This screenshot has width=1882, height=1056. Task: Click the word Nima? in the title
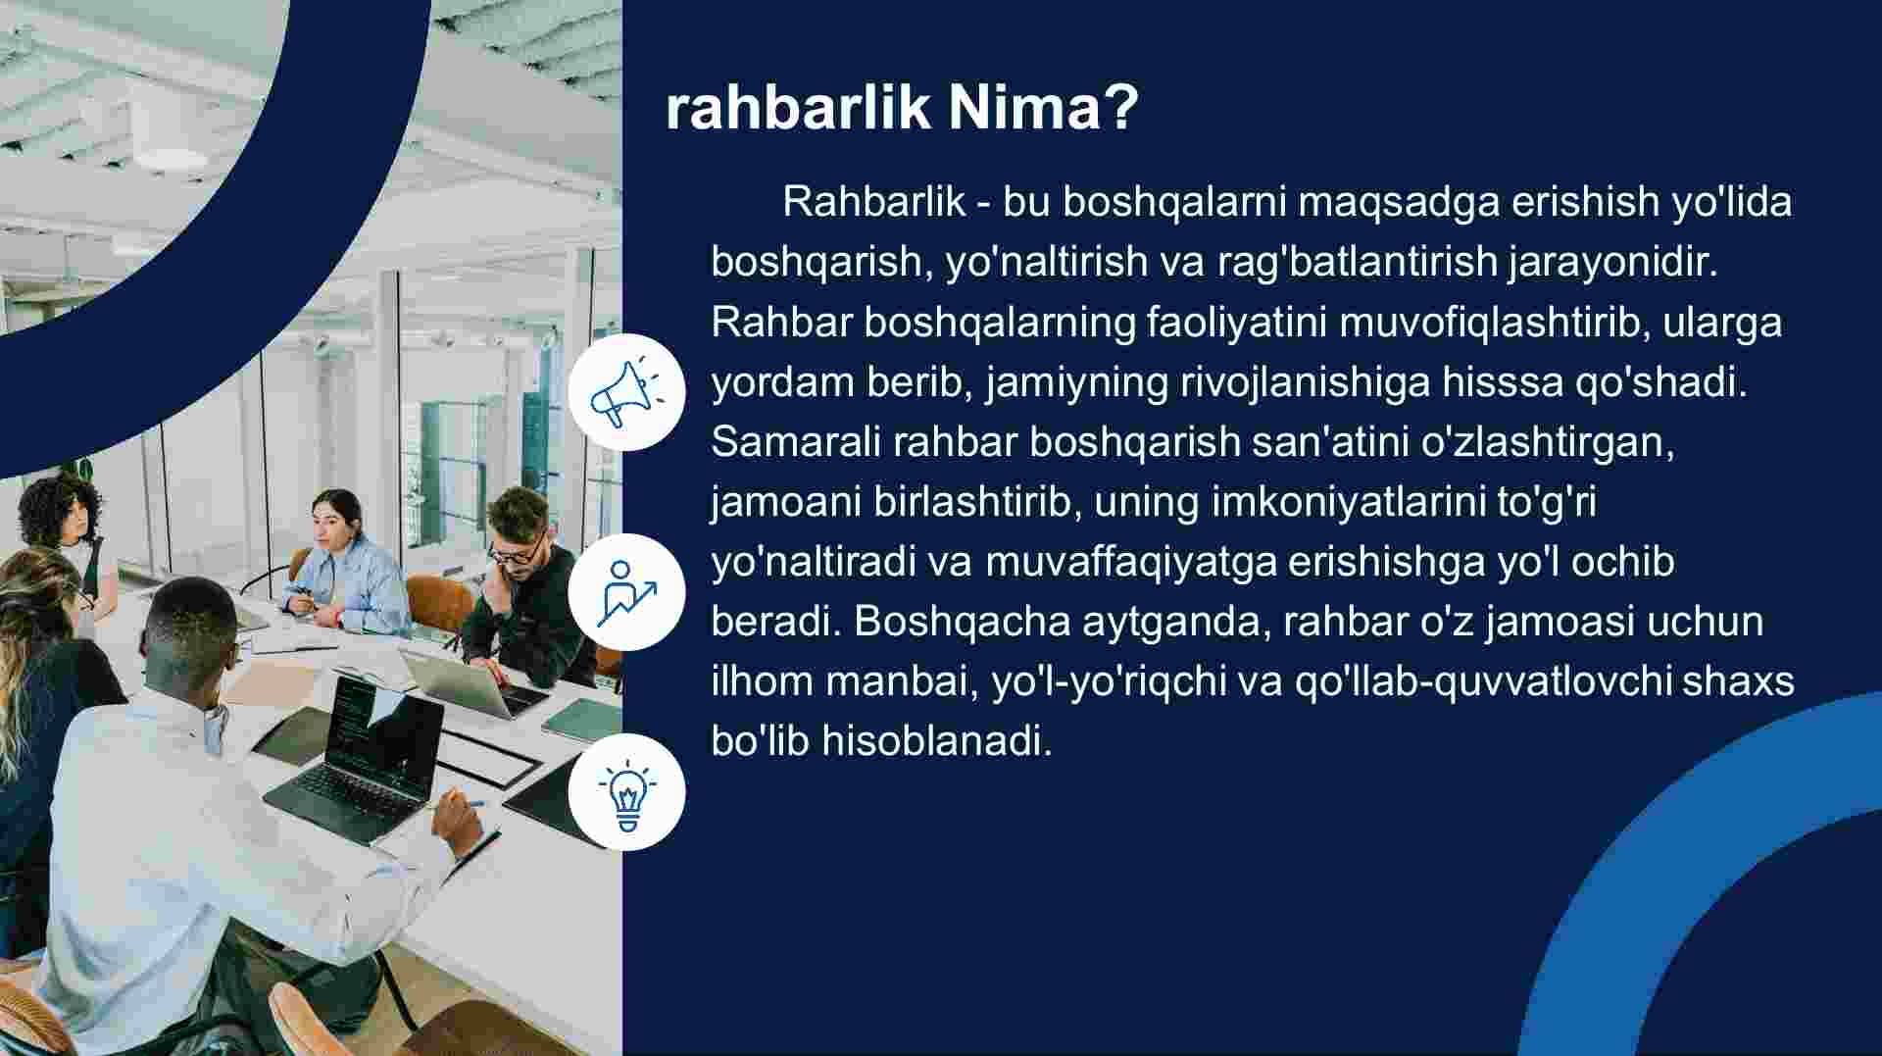[1043, 107]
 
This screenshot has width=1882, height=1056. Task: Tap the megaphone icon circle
[627, 392]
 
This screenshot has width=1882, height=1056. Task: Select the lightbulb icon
[627, 792]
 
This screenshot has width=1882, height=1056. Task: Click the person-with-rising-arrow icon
[627, 592]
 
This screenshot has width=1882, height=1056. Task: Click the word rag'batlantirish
[1358, 262]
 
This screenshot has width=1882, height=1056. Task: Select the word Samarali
[796, 441]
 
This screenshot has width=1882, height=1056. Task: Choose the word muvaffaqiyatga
[1131, 562]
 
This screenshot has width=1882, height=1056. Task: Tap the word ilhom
[762, 681]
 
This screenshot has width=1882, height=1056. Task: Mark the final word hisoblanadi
[936, 741]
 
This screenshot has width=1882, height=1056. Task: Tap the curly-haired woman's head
[61, 509]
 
